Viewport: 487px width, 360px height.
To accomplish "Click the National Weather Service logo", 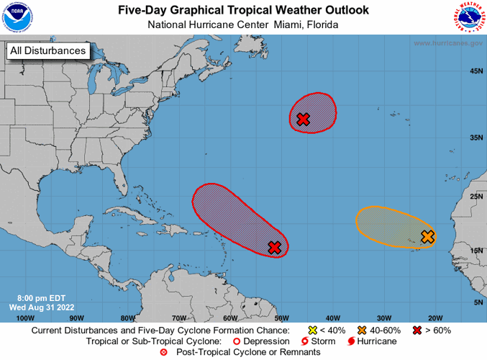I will tap(468, 17).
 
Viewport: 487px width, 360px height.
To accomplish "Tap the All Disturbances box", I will tap(48, 50).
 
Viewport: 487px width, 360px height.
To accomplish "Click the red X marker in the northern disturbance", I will tap(303, 119).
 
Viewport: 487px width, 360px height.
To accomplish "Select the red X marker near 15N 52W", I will tap(274, 248).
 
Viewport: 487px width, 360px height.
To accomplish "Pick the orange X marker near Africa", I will tap(427, 236).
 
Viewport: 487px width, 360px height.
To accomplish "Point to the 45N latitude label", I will tap(475, 71).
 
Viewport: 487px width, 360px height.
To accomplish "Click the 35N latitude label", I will tap(475, 137).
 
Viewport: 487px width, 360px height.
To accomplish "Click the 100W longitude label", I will tap(25, 318).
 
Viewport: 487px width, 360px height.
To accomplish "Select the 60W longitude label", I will tap(229, 318).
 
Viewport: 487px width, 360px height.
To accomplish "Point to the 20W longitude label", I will tap(434, 318).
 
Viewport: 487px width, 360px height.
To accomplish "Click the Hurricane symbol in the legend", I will tap(352, 341).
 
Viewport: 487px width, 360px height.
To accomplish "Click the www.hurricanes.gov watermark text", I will tap(447, 43).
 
